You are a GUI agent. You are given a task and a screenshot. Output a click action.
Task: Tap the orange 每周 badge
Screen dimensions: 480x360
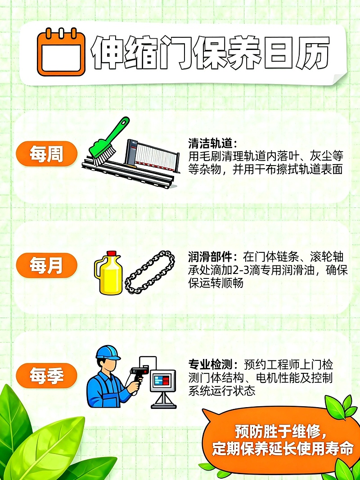(46, 154)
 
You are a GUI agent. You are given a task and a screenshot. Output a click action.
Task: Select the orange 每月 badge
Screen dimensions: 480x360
(46, 265)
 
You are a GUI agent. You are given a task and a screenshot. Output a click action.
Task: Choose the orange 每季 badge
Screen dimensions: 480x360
(46, 375)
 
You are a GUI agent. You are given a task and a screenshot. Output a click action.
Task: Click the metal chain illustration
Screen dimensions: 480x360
(149, 273)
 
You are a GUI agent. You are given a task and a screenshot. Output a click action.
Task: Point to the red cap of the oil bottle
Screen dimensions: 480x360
(112, 254)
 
